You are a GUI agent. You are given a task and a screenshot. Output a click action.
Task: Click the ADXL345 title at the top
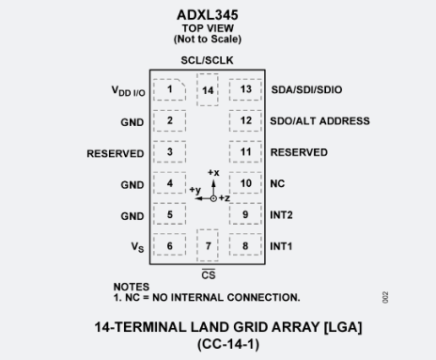pyautogui.click(x=208, y=15)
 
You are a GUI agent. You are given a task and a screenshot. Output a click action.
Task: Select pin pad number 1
pyautogui.click(x=170, y=90)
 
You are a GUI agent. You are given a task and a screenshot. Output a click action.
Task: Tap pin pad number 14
pyautogui.click(x=208, y=90)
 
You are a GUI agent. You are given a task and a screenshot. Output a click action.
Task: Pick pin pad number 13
pyautogui.click(x=245, y=90)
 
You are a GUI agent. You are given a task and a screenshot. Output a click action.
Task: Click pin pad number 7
pyautogui.click(x=208, y=246)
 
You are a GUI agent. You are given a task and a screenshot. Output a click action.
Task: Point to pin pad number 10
pyautogui.click(x=245, y=183)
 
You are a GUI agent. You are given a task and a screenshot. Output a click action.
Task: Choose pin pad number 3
pyautogui.click(x=170, y=152)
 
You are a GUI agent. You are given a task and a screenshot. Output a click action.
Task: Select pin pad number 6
pyautogui.click(x=170, y=246)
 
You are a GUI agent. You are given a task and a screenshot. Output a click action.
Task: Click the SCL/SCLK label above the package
pyautogui.click(x=208, y=60)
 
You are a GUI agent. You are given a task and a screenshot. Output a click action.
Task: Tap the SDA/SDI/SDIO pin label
pyautogui.click(x=306, y=90)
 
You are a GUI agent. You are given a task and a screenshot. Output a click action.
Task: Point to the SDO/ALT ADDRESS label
pyautogui.click(x=319, y=121)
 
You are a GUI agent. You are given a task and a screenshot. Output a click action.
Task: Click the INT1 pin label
pyautogui.click(x=282, y=246)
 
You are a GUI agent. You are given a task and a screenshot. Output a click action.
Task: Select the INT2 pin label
pyautogui.click(x=282, y=215)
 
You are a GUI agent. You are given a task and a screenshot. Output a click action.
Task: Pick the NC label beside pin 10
pyautogui.click(x=277, y=183)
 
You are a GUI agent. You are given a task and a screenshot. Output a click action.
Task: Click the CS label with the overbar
pyautogui.click(x=208, y=274)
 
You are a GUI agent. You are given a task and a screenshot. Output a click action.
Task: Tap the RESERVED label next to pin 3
pyautogui.click(x=116, y=153)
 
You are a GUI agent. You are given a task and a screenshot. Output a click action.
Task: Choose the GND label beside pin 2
pyautogui.click(x=132, y=122)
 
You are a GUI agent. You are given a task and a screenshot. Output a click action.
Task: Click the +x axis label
pyautogui.click(x=213, y=174)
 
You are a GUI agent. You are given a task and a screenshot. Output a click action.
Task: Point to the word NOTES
pyautogui.click(x=131, y=287)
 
